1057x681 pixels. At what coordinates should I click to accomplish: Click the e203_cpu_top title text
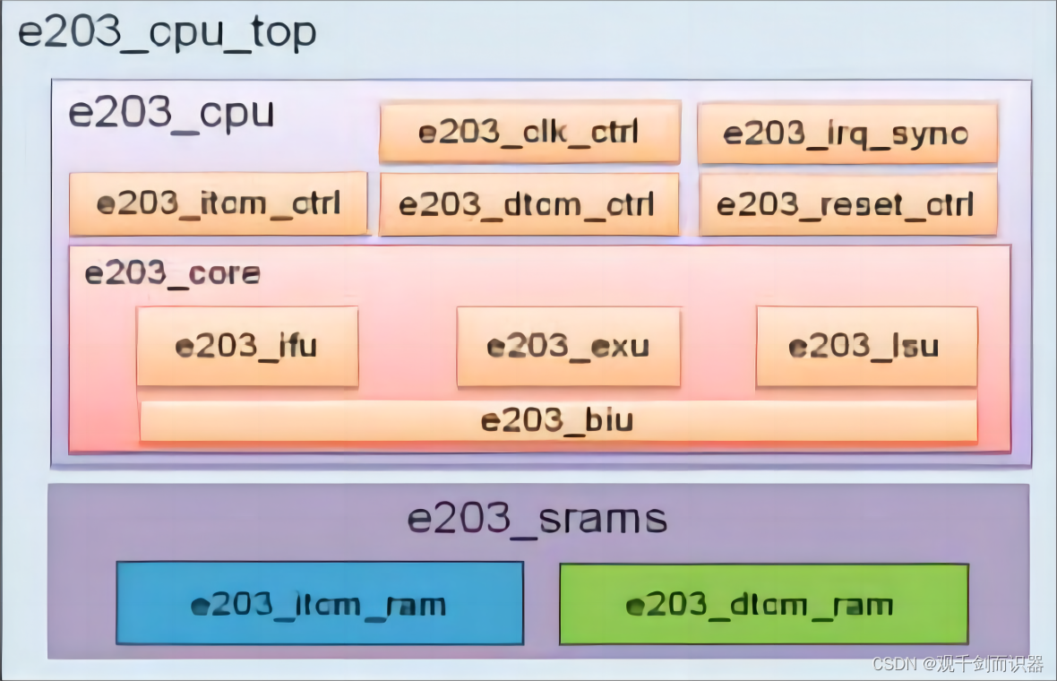tap(168, 33)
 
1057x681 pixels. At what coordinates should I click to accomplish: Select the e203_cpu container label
tap(171, 115)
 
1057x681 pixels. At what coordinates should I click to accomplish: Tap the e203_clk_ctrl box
tap(529, 132)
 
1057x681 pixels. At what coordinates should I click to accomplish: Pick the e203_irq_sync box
tap(846, 133)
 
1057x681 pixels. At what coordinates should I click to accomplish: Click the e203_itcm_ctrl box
tap(219, 203)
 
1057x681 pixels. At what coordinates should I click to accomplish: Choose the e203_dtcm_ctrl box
tap(528, 204)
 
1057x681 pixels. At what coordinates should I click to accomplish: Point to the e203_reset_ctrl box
tap(847, 204)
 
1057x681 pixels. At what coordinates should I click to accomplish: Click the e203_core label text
tap(172, 273)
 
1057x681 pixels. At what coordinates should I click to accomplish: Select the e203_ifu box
tap(247, 346)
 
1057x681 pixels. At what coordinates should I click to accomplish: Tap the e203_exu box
tap(568, 346)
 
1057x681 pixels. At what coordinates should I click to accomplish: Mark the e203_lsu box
tap(866, 346)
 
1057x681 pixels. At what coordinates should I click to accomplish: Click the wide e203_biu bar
tap(557, 420)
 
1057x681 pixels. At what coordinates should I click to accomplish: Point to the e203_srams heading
tap(537, 519)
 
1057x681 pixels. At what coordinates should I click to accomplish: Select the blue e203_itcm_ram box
tap(320, 603)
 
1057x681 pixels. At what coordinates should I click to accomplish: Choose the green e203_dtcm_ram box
tap(763, 603)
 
